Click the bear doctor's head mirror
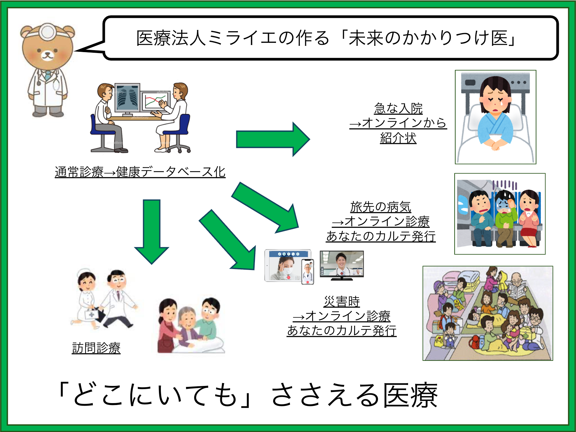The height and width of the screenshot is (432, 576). (x=48, y=31)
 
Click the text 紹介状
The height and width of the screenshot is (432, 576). (x=398, y=138)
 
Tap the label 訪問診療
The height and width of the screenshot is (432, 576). (x=96, y=348)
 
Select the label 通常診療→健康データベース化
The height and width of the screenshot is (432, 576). (x=140, y=172)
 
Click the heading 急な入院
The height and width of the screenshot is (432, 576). (x=398, y=108)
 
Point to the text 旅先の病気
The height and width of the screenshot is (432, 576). (x=381, y=207)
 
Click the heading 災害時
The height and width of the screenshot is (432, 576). (x=341, y=301)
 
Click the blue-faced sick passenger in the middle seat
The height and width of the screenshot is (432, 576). (x=505, y=216)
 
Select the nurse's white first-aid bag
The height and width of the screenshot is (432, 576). (x=92, y=314)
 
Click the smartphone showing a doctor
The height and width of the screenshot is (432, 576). (x=307, y=272)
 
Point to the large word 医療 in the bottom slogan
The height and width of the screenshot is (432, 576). (x=410, y=395)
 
